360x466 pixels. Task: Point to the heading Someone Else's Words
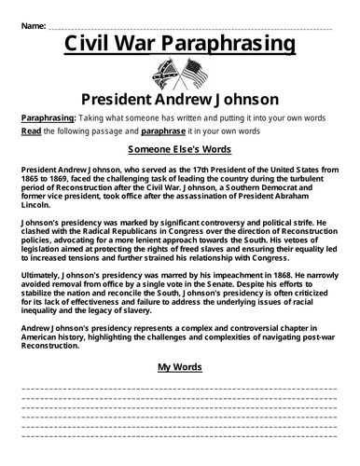click(179, 149)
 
